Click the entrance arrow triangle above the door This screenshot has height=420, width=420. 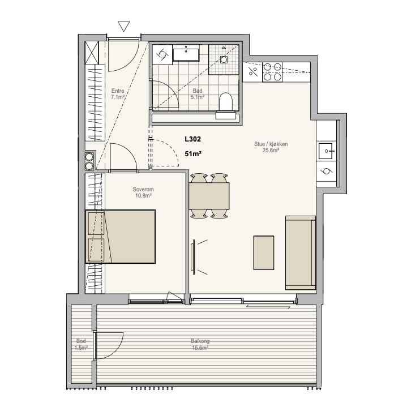pos(124,26)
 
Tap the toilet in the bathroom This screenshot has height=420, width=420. pos(225,102)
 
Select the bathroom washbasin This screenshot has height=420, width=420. pos(186,53)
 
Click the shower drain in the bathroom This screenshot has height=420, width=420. pos(224,59)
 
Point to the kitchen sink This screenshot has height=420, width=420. pos(325,151)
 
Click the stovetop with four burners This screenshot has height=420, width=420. pos(272,72)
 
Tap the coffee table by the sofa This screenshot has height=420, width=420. pos(264,252)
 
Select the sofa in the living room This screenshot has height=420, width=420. pos(301,252)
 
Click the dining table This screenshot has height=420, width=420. pos(209,196)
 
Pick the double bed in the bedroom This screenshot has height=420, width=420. pos(120,237)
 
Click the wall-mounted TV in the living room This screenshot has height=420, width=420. pos(193,257)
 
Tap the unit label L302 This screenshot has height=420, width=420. pos(192,139)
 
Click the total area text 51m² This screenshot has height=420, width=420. pos(193,154)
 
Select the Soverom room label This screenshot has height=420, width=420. pos(143,189)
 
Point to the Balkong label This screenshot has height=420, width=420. pos(200,341)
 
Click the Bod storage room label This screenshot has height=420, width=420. pos(81,341)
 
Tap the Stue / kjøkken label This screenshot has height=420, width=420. pos(271,144)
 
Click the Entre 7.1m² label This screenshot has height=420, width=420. pos(118,94)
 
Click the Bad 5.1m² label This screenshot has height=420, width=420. pos(198,94)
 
